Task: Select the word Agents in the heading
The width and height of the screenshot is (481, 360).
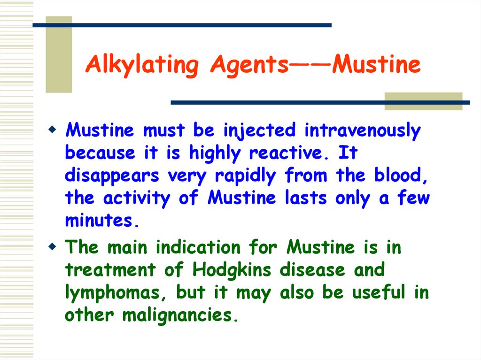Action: [x=249, y=65]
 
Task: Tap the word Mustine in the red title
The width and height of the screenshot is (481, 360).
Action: [x=376, y=65]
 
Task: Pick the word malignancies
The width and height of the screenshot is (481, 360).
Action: [x=178, y=314]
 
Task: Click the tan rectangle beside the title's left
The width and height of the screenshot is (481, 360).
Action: [x=59, y=54]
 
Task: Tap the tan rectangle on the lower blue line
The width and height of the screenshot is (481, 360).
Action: [x=423, y=101]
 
